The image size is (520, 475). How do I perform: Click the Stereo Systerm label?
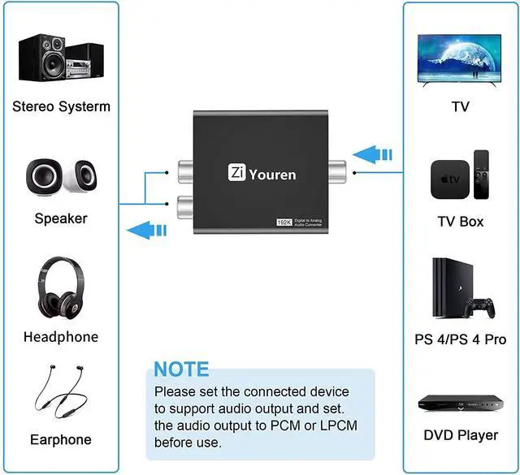pos(61,106)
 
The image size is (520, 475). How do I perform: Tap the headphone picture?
pos(60,291)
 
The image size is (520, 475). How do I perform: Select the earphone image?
pos(61,393)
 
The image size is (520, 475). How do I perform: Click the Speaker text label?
pos(61,218)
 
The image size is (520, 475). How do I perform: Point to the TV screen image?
pos(461,61)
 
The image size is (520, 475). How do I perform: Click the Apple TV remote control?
pos(482,175)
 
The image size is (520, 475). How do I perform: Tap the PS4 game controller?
pos(482,308)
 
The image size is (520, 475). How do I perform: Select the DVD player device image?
pos(461,402)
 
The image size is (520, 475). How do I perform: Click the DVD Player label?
pos(461,435)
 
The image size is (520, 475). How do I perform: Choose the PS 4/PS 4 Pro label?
pos(461,339)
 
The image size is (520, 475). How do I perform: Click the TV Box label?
pos(461,222)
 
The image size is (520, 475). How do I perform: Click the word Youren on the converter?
pos(273,175)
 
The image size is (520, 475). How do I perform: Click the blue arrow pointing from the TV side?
pos(375,153)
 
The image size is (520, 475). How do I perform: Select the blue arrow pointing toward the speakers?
pos(149,230)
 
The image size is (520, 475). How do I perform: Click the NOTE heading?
pos(181,369)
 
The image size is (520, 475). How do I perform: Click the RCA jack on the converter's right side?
pos(332,171)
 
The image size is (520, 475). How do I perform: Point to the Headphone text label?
pos(61,337)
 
